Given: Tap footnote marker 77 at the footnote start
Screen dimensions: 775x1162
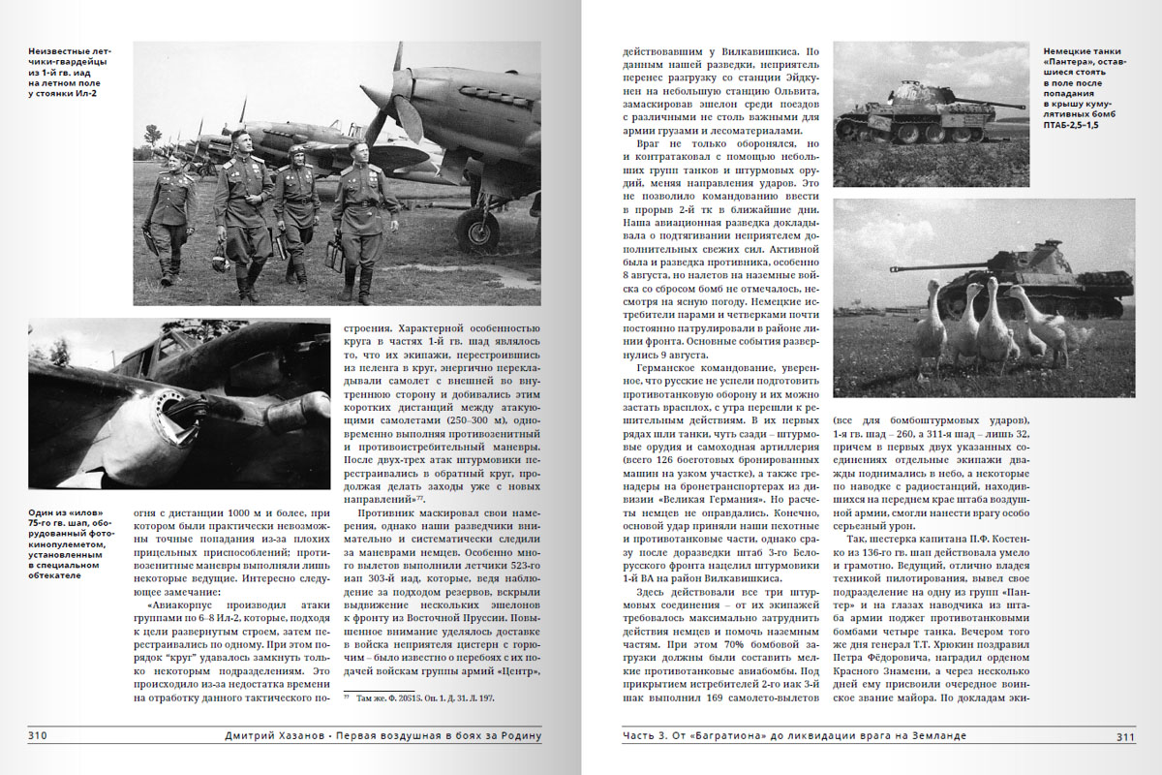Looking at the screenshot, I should click(x=346, y=697).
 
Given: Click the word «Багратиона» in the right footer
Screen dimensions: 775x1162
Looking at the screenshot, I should click(x=726, y=735).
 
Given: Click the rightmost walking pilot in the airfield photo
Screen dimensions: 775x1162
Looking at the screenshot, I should click(x=365, y=218).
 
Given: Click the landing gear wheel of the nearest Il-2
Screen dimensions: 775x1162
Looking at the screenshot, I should click(x=476, y=229).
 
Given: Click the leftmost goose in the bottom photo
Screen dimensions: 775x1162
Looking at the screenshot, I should click(x=930, y=329).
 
